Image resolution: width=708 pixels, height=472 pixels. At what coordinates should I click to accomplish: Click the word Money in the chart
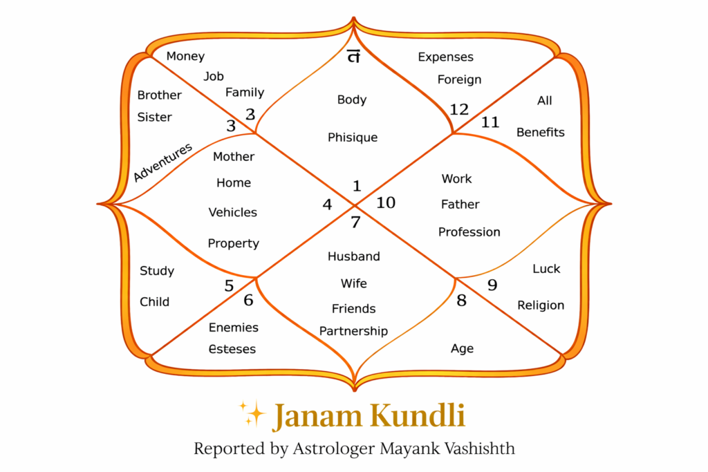click(x=185, y=57)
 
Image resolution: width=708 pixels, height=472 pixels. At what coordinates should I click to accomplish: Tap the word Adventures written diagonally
click(x=162, y=162)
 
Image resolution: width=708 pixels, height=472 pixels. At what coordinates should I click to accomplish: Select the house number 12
click(x=459, y=109)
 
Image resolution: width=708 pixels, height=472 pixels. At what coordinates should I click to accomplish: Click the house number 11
click(x=490, y=122)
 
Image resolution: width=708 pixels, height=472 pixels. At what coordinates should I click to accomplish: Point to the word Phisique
click(x=353, y=138)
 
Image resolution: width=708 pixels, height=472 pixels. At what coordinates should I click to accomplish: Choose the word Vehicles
click(x=233, y=212)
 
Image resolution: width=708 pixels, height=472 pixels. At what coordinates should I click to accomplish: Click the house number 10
click(x=386, y=202)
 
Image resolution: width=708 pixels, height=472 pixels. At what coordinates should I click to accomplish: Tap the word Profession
click(x=469, y=232)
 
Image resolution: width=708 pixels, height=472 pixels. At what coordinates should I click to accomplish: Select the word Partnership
click(x=353, y=331)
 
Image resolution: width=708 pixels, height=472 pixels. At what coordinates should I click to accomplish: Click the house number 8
click(x=462, y=301)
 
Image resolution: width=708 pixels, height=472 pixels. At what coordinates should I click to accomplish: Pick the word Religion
click(x=541, y=305)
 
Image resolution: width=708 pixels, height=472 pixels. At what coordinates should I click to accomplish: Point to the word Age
click(x=462, y=349)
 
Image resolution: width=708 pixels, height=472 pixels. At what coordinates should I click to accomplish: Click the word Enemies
click(x=234, y=328)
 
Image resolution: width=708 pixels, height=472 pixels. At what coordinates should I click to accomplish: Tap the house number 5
click(x=229, y=286)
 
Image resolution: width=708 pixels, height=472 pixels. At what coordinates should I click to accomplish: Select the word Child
click(x=154, y=302)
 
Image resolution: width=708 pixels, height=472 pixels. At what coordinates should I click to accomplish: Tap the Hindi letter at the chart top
click(x=353, y=57)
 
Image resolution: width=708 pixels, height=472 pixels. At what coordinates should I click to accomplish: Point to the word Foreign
click(x=459, y=79)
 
